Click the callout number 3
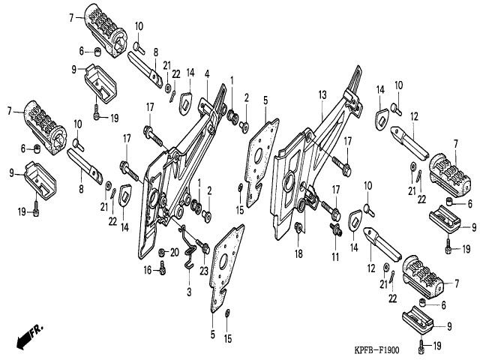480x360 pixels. (189, 290)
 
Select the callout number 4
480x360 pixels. (207, 73)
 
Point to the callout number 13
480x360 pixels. (322, 94)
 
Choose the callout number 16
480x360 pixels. (148, 269)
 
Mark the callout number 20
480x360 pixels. (174, 251)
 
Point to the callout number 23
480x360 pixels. (204, 251)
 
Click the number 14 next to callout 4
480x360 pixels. (190, 73)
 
